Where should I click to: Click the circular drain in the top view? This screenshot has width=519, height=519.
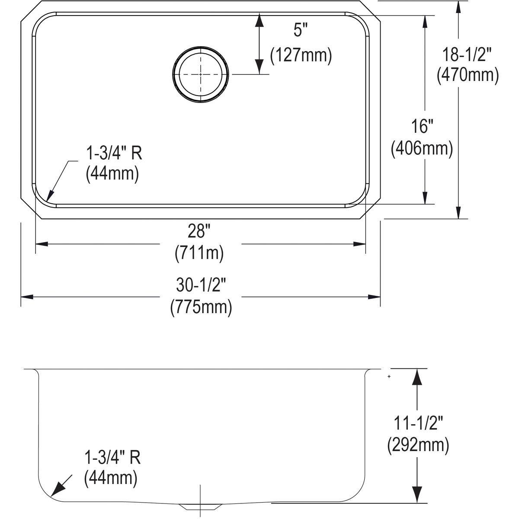point(200,74)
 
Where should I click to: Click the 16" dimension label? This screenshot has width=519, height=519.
point(422,127)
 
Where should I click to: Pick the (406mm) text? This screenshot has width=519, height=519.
point(422,148)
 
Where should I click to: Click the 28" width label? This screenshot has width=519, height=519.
point(199,232)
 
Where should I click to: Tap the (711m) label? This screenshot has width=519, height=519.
point(199,253)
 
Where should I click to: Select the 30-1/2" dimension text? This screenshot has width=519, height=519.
point(201,285)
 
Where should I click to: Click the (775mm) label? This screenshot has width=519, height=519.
point(201,307)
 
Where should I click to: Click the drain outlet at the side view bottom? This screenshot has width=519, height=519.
point(200,506)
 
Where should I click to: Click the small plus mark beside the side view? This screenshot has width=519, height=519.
point(389,377)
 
